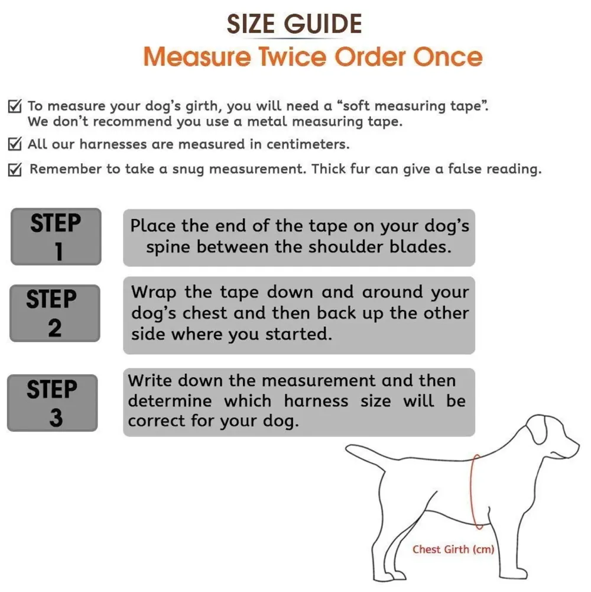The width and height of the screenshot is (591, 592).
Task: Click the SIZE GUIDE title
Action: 294,24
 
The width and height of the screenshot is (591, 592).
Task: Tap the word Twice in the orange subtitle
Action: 293,57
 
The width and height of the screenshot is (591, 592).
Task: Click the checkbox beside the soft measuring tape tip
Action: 15,106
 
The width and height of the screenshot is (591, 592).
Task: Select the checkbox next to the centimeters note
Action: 15,144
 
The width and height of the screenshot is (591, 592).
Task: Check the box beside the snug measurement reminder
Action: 15,170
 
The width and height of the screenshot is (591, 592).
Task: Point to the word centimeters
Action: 308,144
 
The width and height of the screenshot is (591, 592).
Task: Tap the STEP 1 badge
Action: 56,237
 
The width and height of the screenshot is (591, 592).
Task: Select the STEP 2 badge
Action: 55,313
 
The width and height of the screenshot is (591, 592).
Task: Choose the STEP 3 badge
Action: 53,403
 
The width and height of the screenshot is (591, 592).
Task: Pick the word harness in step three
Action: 316,401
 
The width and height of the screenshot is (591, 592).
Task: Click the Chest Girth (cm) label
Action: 453,549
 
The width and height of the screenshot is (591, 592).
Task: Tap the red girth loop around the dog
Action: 472,491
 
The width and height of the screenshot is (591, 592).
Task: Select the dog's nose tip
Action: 577,445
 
